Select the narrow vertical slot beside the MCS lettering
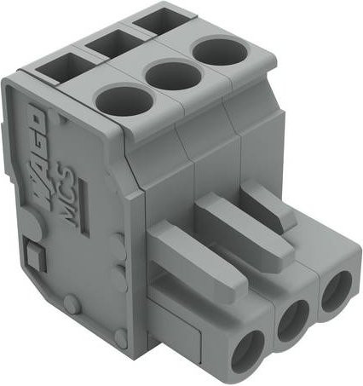pyautogui.click(x=85, y=207)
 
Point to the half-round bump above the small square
pyautogui.click(x=31, y=223)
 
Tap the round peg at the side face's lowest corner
pyautogui.click(x=121, y=337)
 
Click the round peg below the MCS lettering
pyautogui.click(x=71, y=304)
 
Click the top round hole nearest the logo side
pyautogui.click(x=124, y=100)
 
